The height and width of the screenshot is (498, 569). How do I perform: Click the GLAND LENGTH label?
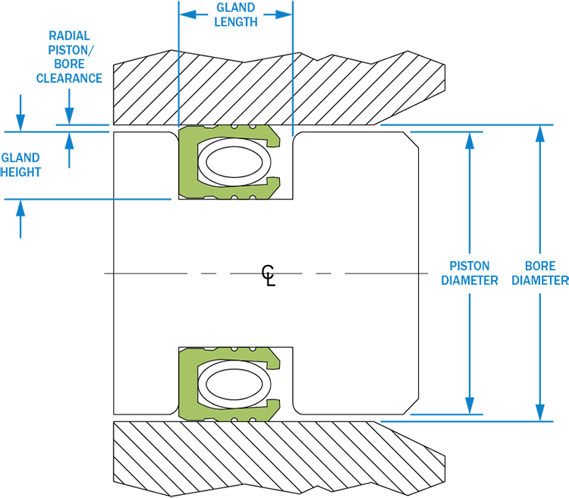(x=235, y=15)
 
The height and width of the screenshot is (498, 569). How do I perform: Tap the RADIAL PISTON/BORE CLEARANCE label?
(x=69, y=57)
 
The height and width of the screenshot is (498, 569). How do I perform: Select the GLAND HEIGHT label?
(x=20, y=165)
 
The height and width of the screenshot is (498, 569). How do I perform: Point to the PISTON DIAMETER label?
(x=469, y=273)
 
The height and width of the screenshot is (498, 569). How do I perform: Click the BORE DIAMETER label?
(x=540, y=273)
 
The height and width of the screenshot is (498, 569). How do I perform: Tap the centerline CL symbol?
(x=269, y=276)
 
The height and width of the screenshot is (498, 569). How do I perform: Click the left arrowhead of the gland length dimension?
(x=188, y=15)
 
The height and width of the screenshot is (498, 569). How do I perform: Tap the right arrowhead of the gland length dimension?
(x=283, y=15)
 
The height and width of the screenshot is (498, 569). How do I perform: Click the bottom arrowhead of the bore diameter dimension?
(x=540, y=412)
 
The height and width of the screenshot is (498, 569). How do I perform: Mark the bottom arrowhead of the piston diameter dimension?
(x=470, y=405)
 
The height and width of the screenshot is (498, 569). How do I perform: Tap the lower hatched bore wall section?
(x=279, y=459)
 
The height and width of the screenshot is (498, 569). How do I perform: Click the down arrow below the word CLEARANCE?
(x=69, y=107)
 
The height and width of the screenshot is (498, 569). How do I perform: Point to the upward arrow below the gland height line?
(x=20, y=219)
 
